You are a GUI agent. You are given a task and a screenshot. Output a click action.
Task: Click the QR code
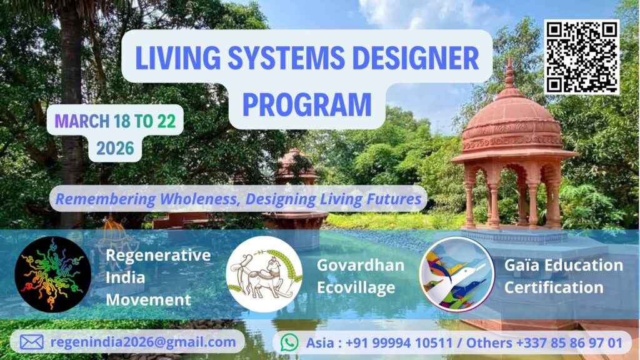(x=582, y=57)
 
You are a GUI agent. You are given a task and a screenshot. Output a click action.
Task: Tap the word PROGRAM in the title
(x=307, y=105)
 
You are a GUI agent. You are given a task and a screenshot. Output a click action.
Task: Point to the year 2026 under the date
(x=115, y=148)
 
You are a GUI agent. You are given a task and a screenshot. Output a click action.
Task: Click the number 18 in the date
(x=122, y=121)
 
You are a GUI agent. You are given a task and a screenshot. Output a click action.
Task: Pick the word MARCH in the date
(x=82, y=121)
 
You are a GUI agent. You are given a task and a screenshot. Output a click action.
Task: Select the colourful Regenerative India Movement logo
(x=52, y=274)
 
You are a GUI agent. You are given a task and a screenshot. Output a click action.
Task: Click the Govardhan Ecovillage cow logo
(x=264, y=274)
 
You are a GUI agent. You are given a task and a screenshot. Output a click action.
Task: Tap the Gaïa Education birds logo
(x=457, y=274)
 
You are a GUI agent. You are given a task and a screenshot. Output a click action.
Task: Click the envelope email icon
(x=32, y=342)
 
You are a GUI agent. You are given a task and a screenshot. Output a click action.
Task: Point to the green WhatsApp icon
(x=289, y=342)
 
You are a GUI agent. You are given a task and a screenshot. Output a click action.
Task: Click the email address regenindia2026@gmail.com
(x=143, y=342)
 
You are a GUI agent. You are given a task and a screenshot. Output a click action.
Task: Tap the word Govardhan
(x=361, y=265)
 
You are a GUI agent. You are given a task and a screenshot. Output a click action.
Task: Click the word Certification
(x=554, y=287)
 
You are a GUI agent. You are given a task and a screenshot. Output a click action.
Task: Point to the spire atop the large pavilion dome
(x=509, y=74)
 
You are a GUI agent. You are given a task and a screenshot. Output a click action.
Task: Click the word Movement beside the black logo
(x=148, y=300)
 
